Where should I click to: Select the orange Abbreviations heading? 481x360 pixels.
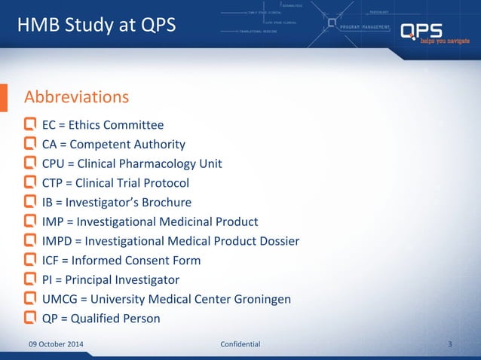tap(77, 97)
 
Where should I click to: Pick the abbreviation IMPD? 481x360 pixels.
tap(58, 241)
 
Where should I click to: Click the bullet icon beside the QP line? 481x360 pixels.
tap(30, 318)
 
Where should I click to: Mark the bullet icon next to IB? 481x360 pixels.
tap(30, 202)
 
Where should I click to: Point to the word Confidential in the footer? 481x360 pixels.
tap(240, 344)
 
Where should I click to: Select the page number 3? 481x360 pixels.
tap(449, 344)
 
